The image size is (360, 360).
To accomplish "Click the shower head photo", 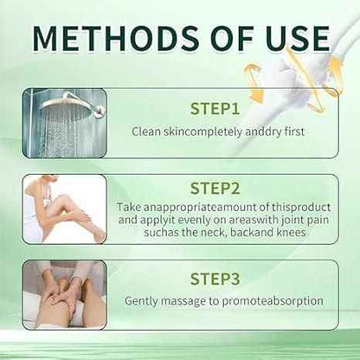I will [x=66, y=122].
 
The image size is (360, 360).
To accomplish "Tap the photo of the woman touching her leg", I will [x=66, y=209].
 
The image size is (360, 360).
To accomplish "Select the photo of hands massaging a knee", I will [x=66, y=293].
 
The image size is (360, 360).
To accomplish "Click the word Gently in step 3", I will [x=143, y=301].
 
